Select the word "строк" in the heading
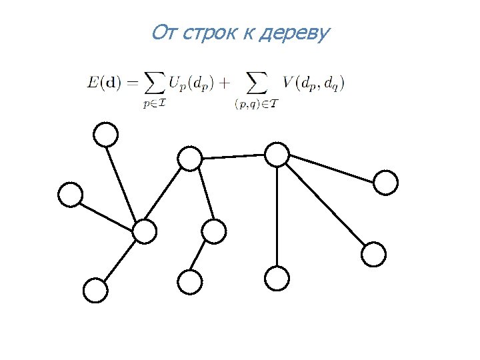pyautogui.click(x=205, y=33)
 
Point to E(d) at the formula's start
pyautogui.click(x=104, y=83)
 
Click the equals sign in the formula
pyautogui.click(x=131, y=83)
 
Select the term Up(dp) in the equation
pyautogui.click(x=189, y=83)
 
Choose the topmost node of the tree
pyautogui.click(x=105, y=135)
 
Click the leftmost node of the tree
pyautogui.click(x=70, y=195)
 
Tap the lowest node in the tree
pyautogui.click(x=95, y=291)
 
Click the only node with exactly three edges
pyautogui.click(x=190, y=159)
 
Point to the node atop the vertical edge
pyautogui.click(x=277, y=155)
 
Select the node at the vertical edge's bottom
pyautogui.click(x=277, y=278)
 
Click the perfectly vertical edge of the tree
pyautogui.click(x=277, y=217)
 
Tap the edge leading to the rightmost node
pyautogui.click(x=331, y=168)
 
